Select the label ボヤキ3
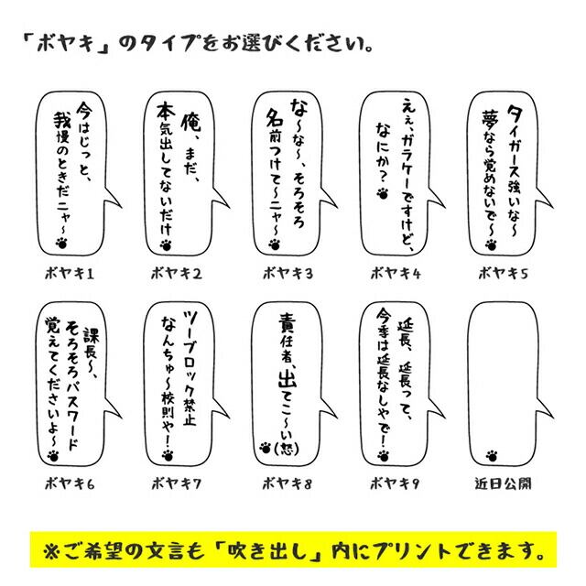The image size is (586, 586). (287, 272)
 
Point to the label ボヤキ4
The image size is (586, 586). (395, 272)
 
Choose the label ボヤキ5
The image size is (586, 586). (503, 272)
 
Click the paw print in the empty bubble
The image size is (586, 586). (493, 451)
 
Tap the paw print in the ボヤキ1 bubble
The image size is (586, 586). (62, 244)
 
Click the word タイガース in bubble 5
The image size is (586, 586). (515, 136)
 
